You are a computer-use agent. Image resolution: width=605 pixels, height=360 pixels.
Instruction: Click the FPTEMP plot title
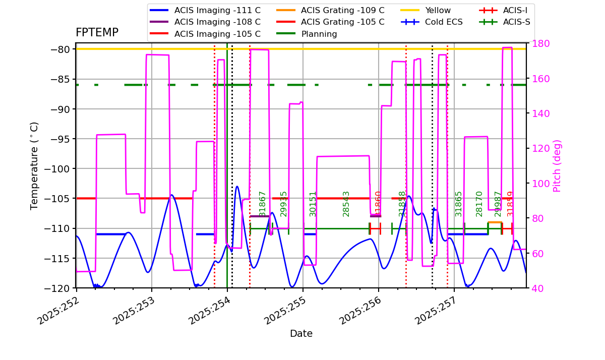click(97, 33)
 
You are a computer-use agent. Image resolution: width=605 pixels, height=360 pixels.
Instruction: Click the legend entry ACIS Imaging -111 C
click(217, 10)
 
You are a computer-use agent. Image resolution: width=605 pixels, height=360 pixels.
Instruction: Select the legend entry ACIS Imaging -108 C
click(217, 22)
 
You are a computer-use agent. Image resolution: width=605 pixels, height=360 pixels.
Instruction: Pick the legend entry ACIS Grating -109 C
click(342, 10)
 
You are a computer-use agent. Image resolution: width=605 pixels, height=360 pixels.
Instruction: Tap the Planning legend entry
click(319, 34)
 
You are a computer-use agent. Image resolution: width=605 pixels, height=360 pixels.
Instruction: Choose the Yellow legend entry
click(438, 10)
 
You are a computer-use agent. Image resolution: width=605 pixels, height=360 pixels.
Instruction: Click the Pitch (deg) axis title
click(557, 165)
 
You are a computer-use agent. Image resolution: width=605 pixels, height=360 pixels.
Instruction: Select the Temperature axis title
click(34, 165)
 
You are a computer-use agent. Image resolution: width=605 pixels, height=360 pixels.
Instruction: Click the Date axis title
click(301, 334)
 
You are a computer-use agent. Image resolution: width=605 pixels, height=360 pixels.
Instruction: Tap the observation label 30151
click(313, 204)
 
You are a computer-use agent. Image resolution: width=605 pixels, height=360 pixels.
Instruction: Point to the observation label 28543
click(346, 204)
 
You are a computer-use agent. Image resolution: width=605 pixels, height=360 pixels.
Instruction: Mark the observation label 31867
click(263, 204)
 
